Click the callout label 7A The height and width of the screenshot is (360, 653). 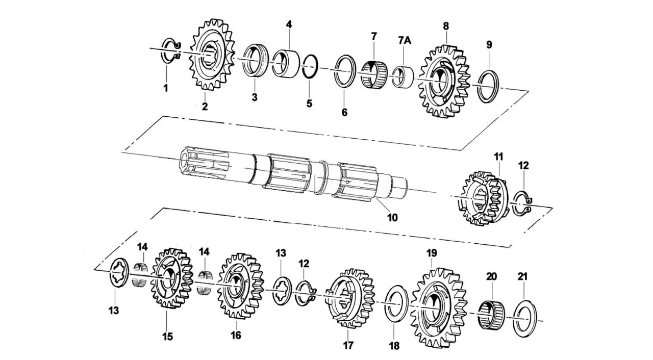405,40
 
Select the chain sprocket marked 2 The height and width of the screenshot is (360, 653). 212,55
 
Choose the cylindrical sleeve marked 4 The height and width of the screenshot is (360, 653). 286,64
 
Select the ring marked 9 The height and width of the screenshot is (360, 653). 490,86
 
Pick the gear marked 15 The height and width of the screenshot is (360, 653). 171,279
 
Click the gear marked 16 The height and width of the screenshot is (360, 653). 240,286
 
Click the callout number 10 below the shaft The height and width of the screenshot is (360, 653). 392,217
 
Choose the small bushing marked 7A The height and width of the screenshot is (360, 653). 403,77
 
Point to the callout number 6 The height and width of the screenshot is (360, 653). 344,112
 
